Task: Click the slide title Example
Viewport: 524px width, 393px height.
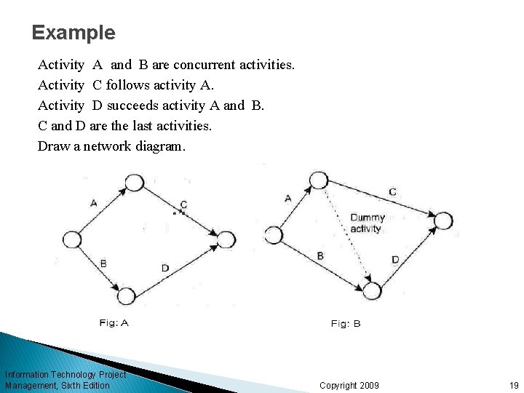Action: tap(74, 33)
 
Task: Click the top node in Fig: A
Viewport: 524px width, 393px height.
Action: tap(134, 183)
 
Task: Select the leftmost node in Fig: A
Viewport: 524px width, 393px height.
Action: tap(72, 239)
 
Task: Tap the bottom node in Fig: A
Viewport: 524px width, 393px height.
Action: tap(126, 296)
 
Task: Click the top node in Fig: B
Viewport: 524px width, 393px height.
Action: tap(318, 180)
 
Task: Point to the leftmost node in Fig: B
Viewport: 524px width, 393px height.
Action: tap(274, 235)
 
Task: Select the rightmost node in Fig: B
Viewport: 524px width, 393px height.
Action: tap(443, 221)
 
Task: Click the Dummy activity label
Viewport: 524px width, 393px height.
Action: tap(367, 223)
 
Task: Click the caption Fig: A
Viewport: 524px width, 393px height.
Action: tap(114, 323)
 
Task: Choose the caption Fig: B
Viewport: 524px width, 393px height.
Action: tap(346, 324)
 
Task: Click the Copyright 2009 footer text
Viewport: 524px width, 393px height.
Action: tap(349, 385)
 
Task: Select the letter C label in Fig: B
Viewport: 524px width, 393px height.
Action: tap(392, 192)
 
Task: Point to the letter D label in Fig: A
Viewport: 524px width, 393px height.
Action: tap(165, 268)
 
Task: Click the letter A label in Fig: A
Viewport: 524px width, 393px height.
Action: tap(93, 203)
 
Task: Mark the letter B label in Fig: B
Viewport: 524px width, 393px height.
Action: tap(320, 256)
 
